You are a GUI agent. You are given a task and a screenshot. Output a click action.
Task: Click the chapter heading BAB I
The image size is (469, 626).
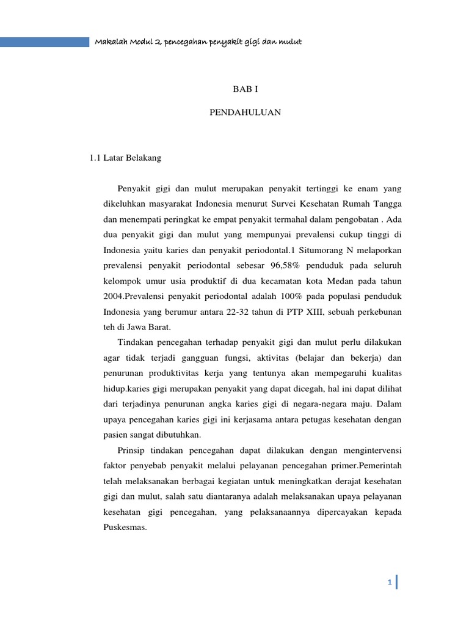tap(246, 90)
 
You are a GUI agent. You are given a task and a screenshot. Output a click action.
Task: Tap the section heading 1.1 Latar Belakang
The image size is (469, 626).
tap(125, 158)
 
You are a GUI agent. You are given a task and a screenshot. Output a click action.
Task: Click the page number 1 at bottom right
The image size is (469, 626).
tap(389, 583)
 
